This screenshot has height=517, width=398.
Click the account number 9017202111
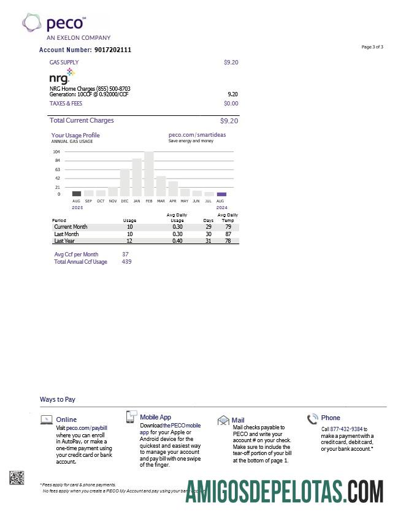tap(113, 50)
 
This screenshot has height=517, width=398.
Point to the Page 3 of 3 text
tap(372, 47)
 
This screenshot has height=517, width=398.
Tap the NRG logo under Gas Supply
tap(62, 77)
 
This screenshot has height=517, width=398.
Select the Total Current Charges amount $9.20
tap(229, 121)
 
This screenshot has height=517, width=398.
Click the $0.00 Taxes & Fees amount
tap(231, 104)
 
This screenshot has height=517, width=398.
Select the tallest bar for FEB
tap(149, 174)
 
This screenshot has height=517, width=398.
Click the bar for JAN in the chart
tap(137, 177)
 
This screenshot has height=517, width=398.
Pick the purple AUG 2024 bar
tap(221, 194)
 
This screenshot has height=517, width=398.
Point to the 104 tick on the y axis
tap(56, 151)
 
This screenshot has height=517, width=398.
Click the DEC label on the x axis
tap(124, 201)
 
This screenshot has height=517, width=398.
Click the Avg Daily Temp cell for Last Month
tap(228, 234)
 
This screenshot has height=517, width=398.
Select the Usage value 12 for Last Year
tap(129, 241)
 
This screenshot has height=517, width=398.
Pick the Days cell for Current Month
tap(208, 227)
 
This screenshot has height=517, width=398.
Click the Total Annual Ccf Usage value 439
tap(126, 262)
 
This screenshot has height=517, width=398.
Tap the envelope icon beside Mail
tap(223, 420)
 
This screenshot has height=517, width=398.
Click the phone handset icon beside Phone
tap(313, 419)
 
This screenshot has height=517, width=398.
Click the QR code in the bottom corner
tap(17, 478)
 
